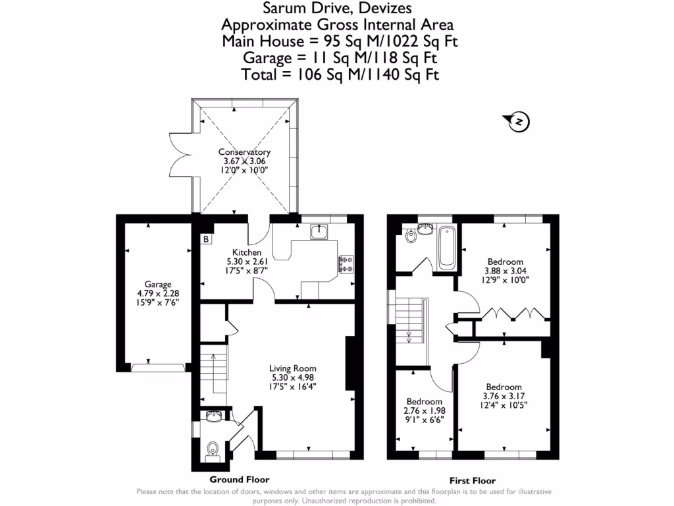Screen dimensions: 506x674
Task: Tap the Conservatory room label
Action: tap(244, 152)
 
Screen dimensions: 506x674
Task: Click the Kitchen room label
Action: tap(247, 252)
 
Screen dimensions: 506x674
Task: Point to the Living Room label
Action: tap(293, 368)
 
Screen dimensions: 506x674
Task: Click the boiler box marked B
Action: tap(206, 239)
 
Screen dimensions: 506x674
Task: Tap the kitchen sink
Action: tap(320, 231)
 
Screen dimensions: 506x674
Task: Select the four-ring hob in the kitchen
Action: tap(346, 264)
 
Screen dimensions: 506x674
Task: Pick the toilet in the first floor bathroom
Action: tap(412, 237)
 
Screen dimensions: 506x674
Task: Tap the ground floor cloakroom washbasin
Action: tap(213, 416)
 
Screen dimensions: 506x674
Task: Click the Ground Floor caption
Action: tap(239, 480)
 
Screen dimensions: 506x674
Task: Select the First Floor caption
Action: tap(472, 481)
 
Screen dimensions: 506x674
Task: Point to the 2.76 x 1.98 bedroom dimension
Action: tap(424, 410)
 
